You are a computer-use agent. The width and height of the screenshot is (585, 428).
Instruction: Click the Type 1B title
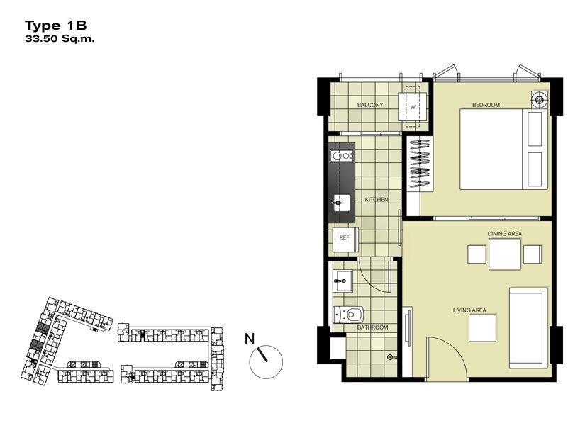tap(55, 26)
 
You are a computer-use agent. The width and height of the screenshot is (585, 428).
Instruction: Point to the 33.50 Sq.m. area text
tap(60, 38)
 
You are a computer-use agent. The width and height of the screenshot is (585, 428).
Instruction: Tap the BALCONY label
tap(370, 105)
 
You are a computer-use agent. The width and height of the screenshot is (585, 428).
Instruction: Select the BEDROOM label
tap(486, 105)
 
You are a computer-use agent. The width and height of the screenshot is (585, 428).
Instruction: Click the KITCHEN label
tap(377, 200)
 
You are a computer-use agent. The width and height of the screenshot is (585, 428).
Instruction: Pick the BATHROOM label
tap(372, 327)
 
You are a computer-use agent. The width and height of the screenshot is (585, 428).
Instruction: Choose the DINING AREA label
tap(504, 234)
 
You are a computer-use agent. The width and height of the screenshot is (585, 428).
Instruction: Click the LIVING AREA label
tap(469, 310)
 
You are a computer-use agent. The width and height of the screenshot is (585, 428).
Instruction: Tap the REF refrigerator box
tap(345, 240)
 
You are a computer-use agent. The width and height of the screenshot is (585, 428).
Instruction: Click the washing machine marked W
tap(413, 107)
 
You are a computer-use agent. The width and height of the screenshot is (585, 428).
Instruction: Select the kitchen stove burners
tap(342, 155)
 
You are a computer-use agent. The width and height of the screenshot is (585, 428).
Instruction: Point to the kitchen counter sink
tap(342, 203)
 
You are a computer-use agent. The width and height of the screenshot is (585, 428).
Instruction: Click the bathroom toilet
tap(348, 315)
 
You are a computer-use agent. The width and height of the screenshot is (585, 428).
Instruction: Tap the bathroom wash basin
tap(342, 281)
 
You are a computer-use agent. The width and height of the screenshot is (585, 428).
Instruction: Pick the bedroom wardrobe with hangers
tap(419, 163)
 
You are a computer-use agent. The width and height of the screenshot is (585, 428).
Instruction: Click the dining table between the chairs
tap(504, 254)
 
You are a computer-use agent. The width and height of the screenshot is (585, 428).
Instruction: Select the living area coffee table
tap(482, 328)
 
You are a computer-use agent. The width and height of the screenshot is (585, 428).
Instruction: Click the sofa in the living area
tap(529, 327)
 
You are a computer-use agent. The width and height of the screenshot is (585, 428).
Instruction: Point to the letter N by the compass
tap(250, 339)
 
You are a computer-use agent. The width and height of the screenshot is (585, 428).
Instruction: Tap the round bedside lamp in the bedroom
tap(539, 99)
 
